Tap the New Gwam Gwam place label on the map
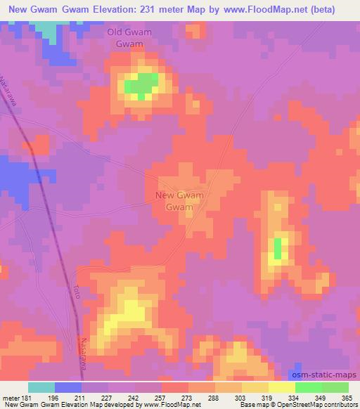[x=179, y=201]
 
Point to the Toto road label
[x=76, y=292]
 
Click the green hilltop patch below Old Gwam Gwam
[x=141, y=86]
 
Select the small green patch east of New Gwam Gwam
[x=277, y=248]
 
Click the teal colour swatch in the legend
[x=41, y=387]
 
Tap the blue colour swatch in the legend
[x=68, y=387]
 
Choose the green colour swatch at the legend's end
[x=335, y=387]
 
